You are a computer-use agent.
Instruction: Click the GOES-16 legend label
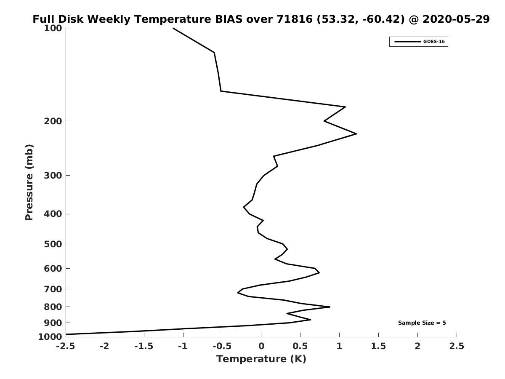434,42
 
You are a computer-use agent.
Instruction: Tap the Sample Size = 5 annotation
422,323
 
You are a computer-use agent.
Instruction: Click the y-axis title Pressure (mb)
29,182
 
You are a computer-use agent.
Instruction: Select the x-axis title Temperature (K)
261,359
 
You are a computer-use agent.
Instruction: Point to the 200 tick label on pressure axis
53,121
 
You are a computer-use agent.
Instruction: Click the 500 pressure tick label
53,244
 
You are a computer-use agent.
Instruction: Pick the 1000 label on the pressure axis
50,336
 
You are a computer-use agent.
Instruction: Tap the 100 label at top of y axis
53,28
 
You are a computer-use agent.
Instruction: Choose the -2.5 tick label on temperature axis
66,346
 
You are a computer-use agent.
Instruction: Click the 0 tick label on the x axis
261,346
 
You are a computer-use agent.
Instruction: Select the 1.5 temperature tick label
378,346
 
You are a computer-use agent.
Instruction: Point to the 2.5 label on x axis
457,346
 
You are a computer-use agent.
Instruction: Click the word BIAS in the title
229,19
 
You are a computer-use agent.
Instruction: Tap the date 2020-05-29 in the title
456,19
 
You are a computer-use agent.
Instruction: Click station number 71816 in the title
295,19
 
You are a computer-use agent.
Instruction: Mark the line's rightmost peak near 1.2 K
356,133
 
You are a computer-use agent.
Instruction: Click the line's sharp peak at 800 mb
330,307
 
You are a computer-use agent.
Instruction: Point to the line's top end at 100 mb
173,28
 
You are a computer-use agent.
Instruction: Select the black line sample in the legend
407,42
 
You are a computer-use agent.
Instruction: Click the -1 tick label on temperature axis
183,346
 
